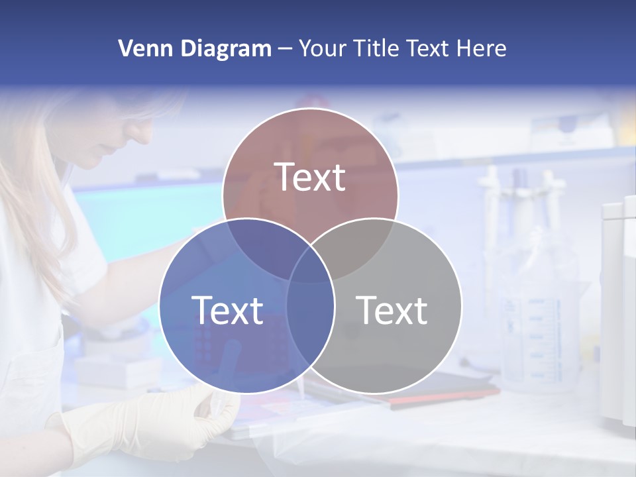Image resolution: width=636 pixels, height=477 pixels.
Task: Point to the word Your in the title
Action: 324,48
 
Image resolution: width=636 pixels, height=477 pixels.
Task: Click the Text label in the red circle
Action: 310,178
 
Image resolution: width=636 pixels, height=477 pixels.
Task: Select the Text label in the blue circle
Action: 227,310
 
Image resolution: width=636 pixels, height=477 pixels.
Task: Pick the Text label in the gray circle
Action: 392,310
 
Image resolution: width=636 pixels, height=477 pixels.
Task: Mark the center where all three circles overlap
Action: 310,265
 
